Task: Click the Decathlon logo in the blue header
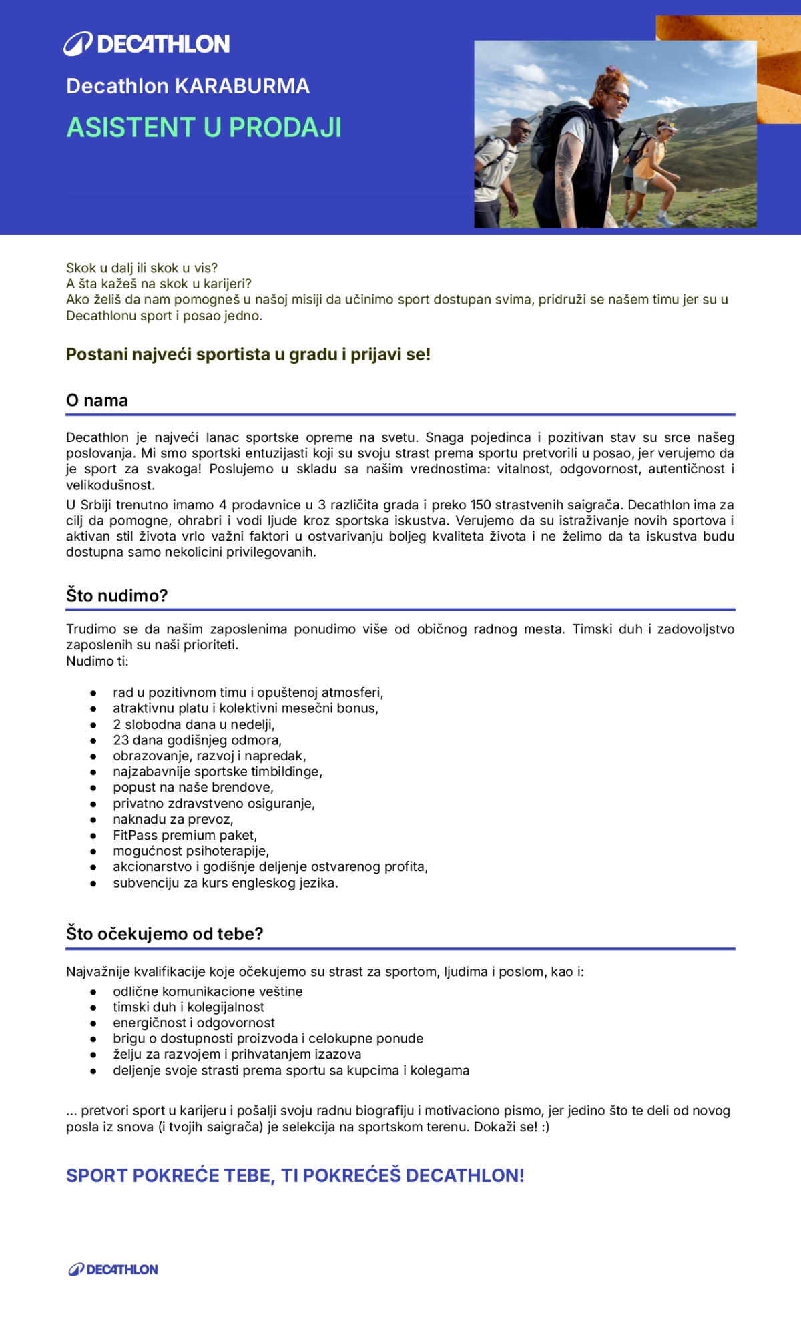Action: coord(147,44)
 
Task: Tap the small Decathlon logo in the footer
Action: coord(113,1269)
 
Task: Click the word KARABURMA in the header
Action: coord(242,86)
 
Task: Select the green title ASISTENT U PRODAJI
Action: coord(204,127)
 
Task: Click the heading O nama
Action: coord(97,401)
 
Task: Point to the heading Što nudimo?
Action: coord(117,595)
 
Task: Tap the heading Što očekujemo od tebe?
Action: coord(164,933)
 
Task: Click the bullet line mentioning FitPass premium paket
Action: coord(185,835)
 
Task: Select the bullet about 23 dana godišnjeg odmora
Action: coord(197,740)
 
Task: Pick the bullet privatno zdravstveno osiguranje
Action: coord(214,803)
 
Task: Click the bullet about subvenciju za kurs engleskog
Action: coord(225,882)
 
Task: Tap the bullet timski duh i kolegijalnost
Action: coord(188,1007)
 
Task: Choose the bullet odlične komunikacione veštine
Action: coord(208,991)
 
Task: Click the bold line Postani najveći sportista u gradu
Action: coord(248,354)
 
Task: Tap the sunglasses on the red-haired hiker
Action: coord(619,96)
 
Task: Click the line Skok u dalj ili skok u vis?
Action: coord(142,268)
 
